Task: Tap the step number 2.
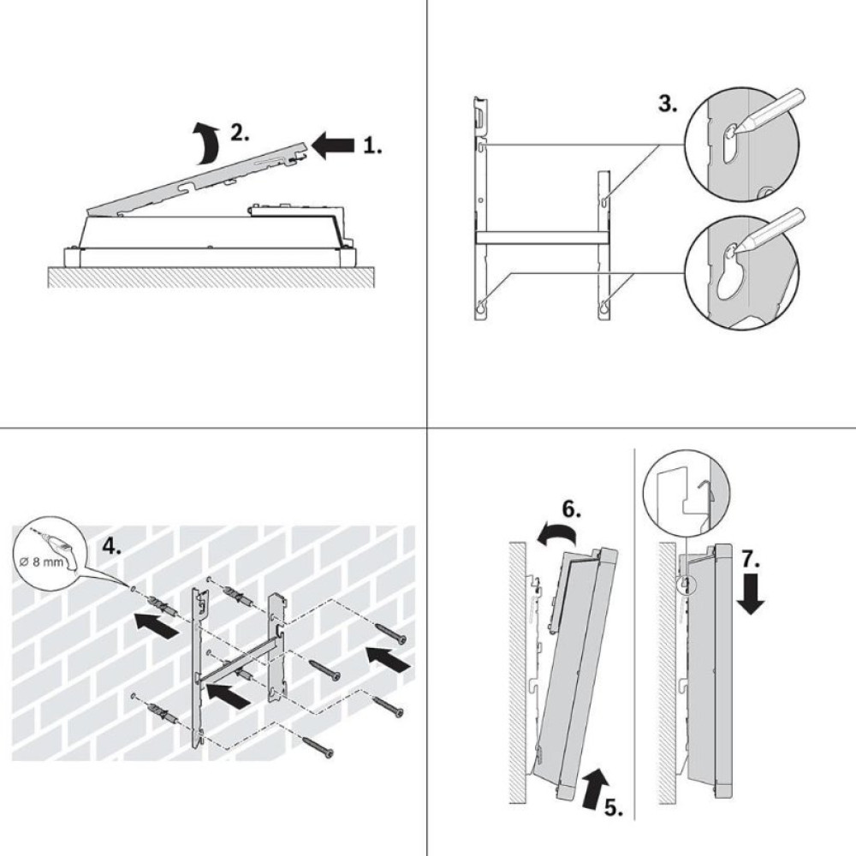[240, 134]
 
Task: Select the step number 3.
[668, 105]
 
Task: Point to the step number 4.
[112, 544]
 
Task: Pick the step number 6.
[572, 512]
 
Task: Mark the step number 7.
[750, 560]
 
